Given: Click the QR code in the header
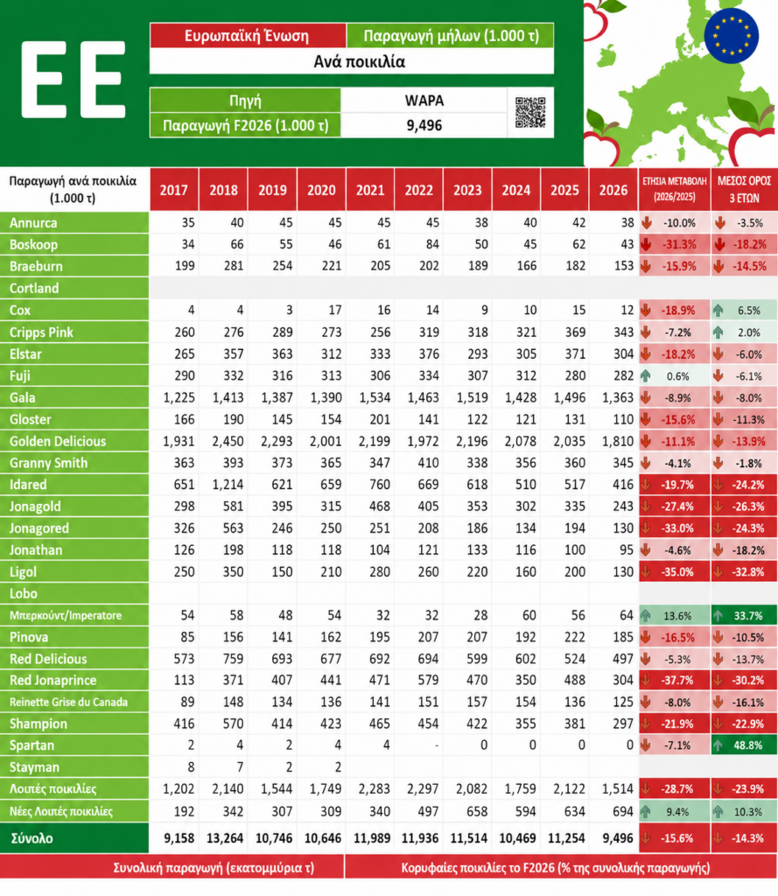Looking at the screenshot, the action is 530,112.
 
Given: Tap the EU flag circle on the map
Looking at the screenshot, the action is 731,35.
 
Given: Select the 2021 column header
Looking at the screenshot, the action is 370,190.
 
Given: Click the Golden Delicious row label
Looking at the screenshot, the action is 58,441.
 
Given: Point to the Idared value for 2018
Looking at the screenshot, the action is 228,485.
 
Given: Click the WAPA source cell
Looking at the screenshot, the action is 424,101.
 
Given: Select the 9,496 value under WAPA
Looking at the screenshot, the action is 424,125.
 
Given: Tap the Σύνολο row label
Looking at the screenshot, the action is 32,838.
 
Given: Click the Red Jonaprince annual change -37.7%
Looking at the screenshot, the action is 678,681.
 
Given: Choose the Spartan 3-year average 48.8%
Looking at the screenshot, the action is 748,745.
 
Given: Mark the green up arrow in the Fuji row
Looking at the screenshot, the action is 646,376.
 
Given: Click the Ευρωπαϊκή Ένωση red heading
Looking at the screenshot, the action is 247,36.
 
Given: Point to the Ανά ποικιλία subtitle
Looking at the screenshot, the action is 359,61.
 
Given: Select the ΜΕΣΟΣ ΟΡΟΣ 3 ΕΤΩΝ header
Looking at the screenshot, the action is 744,190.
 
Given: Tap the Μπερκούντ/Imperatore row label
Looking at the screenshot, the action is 66,615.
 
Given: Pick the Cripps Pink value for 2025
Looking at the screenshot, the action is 572,332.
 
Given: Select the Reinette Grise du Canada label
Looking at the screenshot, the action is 68,702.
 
